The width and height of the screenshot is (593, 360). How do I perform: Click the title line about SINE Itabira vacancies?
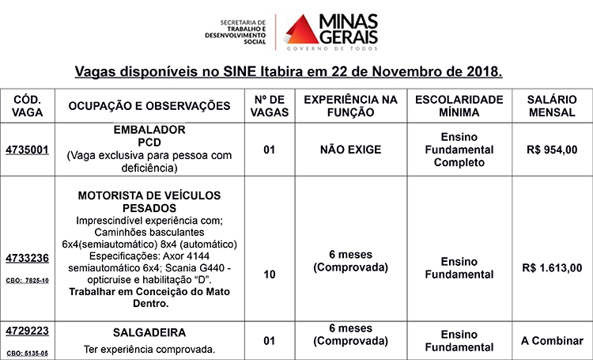tap(289, 72)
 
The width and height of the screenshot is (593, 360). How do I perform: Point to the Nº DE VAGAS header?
tap(269, 107)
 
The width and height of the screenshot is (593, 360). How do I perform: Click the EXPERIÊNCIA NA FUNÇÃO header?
tap(350, 107)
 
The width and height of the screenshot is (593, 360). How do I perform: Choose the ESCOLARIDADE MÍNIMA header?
tap(459, 107)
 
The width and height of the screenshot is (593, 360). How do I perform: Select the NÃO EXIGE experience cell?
tap(350, 149)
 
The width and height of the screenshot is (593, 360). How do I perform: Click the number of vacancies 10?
tap(270, 275)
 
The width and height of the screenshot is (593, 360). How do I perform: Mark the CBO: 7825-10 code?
tap(28, 279)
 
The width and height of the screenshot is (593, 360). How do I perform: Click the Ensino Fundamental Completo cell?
tap(459, 149)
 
